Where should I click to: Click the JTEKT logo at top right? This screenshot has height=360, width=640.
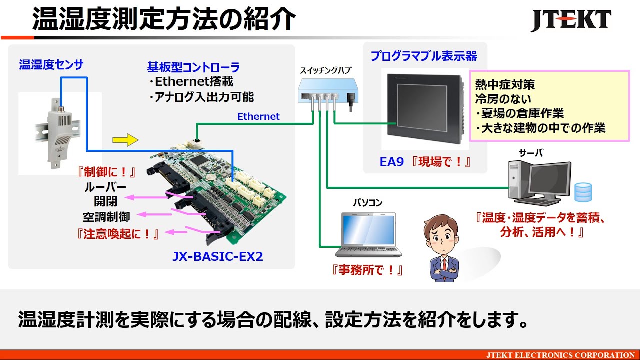pos(570,21)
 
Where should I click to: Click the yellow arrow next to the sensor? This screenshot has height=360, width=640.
pos(124,140)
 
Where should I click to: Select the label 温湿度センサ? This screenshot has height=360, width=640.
pos(51,65)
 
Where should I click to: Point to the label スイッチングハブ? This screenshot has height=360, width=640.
pos(325,70)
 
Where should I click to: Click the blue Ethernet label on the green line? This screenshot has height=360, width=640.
pos(258,116)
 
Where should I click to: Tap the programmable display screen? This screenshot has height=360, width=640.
pos(425,107)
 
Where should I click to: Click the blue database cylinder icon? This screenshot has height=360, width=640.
pos(583,192)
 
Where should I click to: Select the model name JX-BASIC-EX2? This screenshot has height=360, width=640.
pos(217,257)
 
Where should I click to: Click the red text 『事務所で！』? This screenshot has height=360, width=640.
pos(367,270)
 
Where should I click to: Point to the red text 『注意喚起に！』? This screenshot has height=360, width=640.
pos(118,233)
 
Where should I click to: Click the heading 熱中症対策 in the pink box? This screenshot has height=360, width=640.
pos(505,85)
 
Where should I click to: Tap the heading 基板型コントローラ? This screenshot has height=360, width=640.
pos(193,67)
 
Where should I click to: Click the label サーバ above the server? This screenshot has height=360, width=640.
pos(531,153)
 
